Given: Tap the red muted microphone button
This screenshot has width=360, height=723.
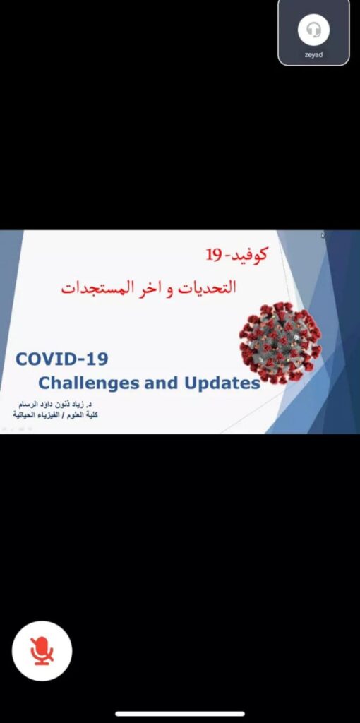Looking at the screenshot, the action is point(42,650).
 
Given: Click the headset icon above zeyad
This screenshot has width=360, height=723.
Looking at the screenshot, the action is point(313,30).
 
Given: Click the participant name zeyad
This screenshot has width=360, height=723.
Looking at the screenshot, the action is point(313,54).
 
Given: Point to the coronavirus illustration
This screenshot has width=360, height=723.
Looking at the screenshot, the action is point(280,342).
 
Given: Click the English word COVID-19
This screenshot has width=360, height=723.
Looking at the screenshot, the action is point(62,359).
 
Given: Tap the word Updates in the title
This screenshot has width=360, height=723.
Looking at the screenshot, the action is point(222,383).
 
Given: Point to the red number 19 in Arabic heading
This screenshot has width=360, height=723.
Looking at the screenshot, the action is point(214,254).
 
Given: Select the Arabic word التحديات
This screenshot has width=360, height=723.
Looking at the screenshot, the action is point(208,287).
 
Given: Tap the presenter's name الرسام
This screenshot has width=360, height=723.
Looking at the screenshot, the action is point(28,405).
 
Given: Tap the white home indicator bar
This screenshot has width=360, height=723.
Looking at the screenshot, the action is point(180,714).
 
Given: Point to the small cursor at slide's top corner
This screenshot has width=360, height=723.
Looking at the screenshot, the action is point(323,236).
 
